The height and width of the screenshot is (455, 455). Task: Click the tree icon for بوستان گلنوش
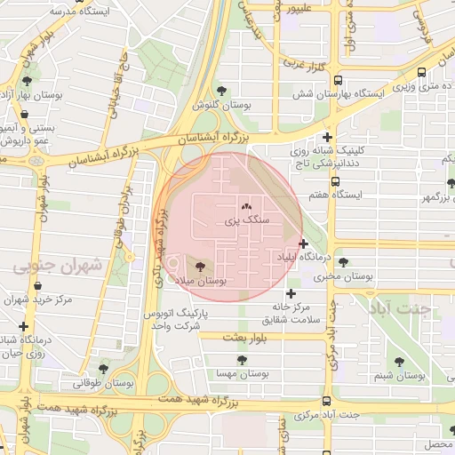point(221,91)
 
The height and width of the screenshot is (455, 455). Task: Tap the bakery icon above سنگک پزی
point(246,206)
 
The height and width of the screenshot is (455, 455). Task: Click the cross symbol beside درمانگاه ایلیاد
point(304,243)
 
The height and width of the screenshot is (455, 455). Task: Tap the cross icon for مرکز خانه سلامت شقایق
point(290,293)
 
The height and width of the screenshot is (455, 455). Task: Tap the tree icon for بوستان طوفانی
point(103,369)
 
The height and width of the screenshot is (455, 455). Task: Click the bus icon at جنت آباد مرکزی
point(326,402)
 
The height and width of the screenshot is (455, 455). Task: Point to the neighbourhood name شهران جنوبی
point(58,265)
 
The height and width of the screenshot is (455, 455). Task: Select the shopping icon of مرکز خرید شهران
point(38,286)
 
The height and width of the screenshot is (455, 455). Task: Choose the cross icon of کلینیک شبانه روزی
point(329,137)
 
